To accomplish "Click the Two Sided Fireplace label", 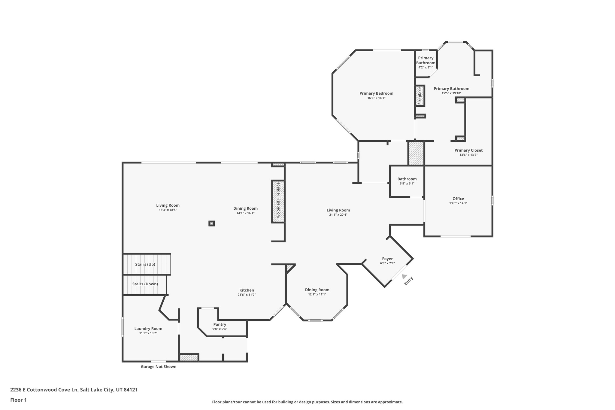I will pos(278,201).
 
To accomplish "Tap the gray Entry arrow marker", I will pos(404,277).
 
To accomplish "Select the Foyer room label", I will pos(387,259).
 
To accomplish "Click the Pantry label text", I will pos(220,324).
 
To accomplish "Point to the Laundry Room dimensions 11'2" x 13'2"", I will pos(148,333).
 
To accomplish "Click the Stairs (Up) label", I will pos(145,264).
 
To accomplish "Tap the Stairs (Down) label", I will pos(145,284).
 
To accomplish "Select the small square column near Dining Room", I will pos(212,223).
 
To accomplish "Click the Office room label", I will pos(458,199).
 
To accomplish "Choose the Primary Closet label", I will pos(468,150).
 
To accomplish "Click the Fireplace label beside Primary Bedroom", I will pos(420,96).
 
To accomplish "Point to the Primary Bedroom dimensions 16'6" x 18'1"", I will pos(376,98).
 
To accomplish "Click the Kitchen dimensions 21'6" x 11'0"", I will pos(247,295).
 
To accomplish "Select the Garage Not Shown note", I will pos(159,366).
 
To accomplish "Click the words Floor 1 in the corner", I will pos(18,400).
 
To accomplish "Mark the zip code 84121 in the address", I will pos(131,390).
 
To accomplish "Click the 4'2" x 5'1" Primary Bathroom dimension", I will pos(426,67).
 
